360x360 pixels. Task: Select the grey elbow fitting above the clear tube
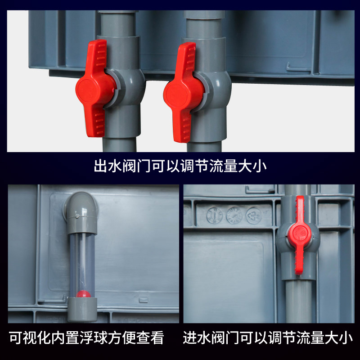tap(81, 207)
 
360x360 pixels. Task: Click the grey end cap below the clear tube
tap(82, 310)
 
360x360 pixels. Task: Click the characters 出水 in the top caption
tap(104, 166)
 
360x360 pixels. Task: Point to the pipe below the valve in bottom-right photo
tap(298, 297)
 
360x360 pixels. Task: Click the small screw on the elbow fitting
tap(77, 216)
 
